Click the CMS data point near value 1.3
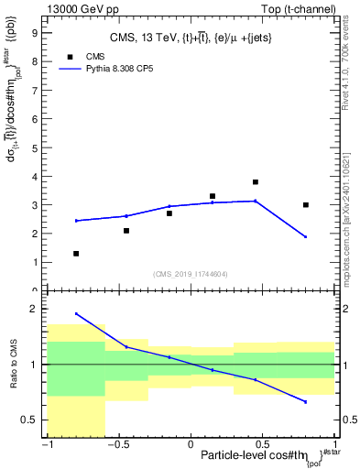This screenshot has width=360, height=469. click(76, 254)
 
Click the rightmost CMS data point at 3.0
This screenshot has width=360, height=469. click(306, 205)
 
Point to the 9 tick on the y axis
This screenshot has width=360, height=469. click(36, 32)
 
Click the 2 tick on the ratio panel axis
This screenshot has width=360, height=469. click(34, 310)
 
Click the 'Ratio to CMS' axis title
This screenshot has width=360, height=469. click(13, 365)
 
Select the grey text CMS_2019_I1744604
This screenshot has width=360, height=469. click(190, 274)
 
